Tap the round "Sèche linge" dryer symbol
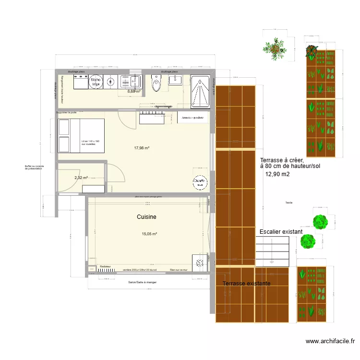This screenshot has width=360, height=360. [x=96, y=82]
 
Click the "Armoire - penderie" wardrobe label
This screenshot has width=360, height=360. [x=193, y=118]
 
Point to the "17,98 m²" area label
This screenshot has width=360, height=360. [x=142, y=148]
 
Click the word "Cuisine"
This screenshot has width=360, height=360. [x=146, y=217]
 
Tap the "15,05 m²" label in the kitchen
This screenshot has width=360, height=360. [x=149, y=234]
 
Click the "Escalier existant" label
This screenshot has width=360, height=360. [x=281, y=232]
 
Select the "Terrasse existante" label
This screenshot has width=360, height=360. [x=247, y=284]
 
